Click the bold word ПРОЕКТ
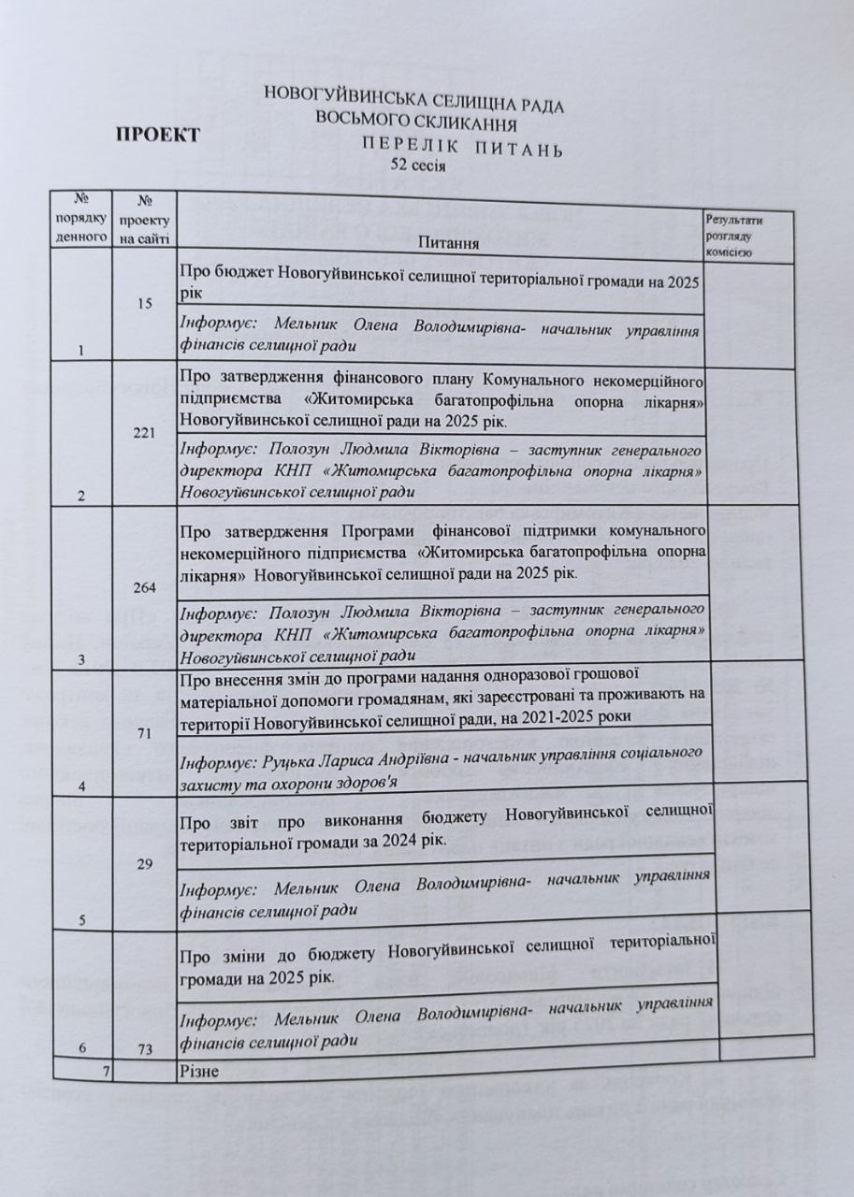pyautogui.click(x=157, y=135)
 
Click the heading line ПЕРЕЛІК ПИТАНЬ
pyautogui.click(x=462, y=148)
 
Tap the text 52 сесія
pyautogui.click(x=418, y=166)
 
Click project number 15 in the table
pyautogui.click(x=144, y=305)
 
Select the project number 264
pyautogui.click(x=144, y=587)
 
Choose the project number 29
pyautogui.click(x=144, y=864)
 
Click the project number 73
pyautogui.click(x=144, y=1050)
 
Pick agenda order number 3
pyautogui.click(x=82, y=659)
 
